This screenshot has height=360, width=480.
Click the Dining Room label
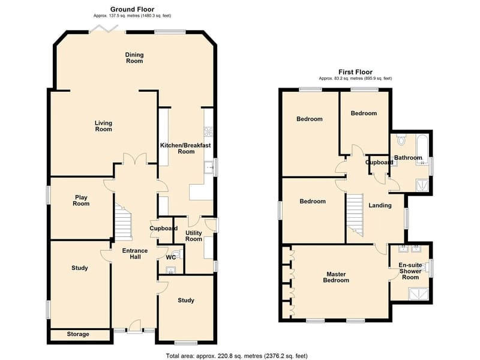(134, 58)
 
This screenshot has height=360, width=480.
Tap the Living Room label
(103, 126)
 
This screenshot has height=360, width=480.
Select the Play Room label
(81, 200)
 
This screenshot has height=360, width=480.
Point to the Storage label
(78, 334)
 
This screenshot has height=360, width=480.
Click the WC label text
(171, 257)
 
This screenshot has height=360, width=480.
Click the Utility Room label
(194, 236)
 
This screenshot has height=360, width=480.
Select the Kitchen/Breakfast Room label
(185, 148)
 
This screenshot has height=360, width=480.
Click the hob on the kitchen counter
(208, 131)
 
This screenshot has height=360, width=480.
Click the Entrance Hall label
(135, 254)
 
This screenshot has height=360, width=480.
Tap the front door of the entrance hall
(134, 326)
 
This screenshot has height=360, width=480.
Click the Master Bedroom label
(336, 277)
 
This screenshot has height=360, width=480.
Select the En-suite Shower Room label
(410, 271)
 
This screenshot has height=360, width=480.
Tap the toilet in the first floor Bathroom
(401, 140)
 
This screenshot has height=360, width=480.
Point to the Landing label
(380, 205)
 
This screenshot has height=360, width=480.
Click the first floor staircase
(355, 215)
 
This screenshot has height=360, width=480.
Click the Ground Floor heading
(132, 10)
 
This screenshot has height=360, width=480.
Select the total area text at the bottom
(236, 356)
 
